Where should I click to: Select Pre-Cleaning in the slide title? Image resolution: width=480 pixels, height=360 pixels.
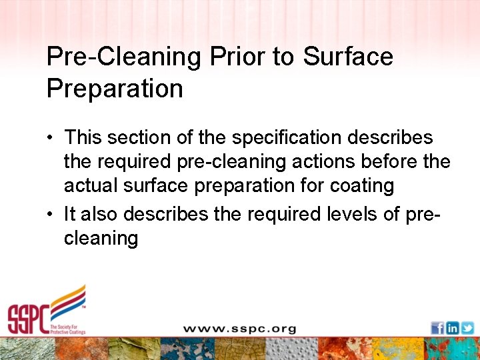124,57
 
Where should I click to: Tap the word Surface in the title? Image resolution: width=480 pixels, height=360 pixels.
348,57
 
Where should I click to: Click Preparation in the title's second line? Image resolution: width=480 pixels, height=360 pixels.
115,89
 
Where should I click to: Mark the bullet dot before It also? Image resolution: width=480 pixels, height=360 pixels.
51,215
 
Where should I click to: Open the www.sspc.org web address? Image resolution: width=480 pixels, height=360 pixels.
239,329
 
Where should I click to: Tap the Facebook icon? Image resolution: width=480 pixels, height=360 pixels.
437,328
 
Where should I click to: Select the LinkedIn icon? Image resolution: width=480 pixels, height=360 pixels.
453,328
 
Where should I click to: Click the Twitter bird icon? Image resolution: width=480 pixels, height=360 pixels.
467,328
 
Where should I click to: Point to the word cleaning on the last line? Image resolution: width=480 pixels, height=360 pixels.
101,239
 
